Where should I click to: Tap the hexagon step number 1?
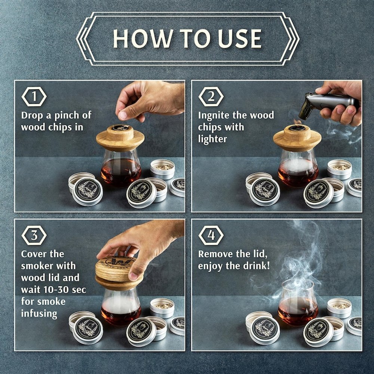(x=34, y=96)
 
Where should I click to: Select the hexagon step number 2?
(x=211, y=96)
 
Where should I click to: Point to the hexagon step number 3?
(x=34, y=235)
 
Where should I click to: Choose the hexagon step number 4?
(x=211, y=235)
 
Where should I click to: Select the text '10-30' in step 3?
(x=58, y=289)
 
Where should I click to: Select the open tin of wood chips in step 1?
(x=162, y=169)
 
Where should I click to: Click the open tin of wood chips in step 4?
(x=339, y=308)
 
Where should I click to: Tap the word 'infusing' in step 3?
(x=39, y=314)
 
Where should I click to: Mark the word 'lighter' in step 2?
(x=212, y=139)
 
